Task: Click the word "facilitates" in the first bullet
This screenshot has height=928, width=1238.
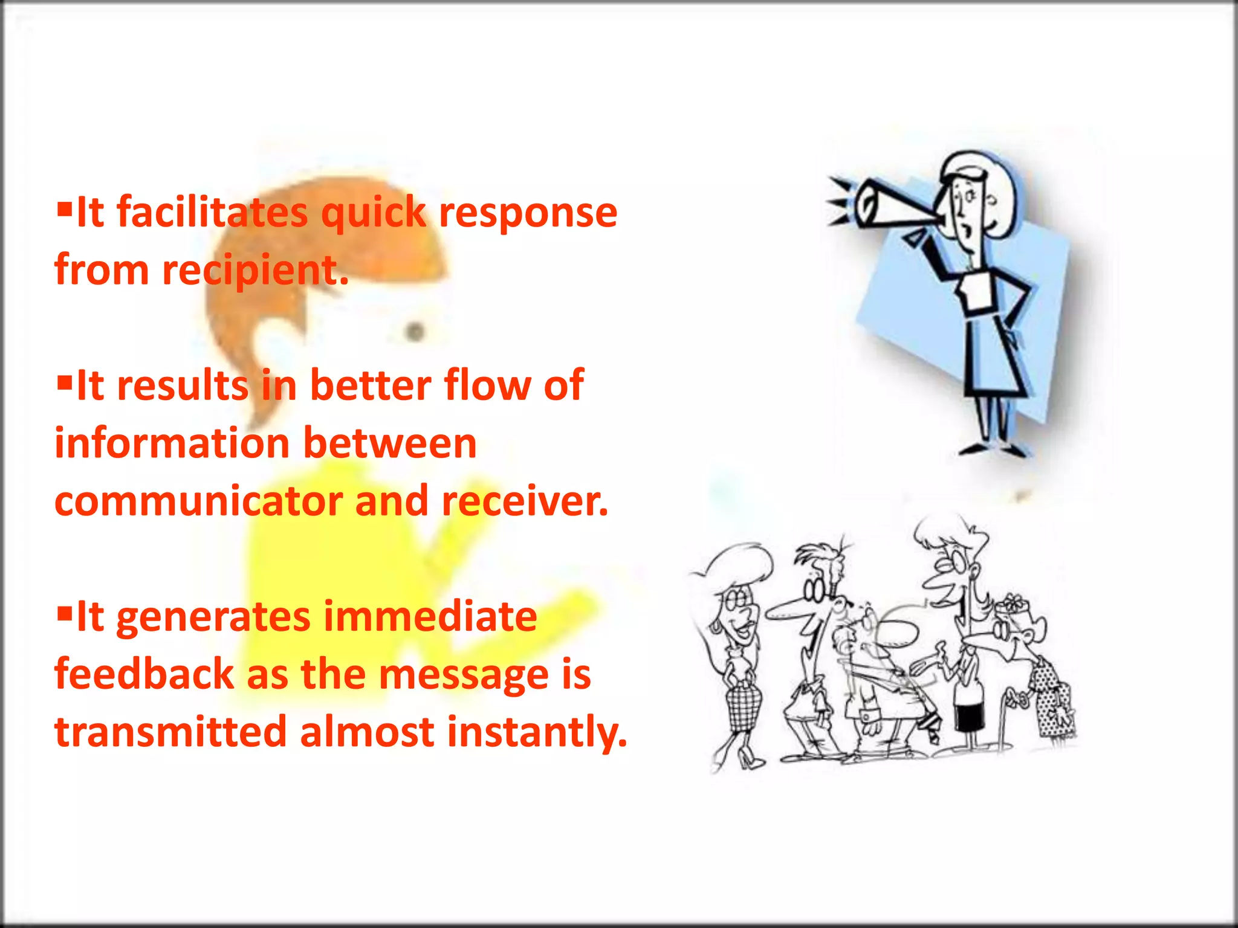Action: click(212, 213)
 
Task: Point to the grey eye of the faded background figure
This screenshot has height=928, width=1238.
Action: click(415, 331)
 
